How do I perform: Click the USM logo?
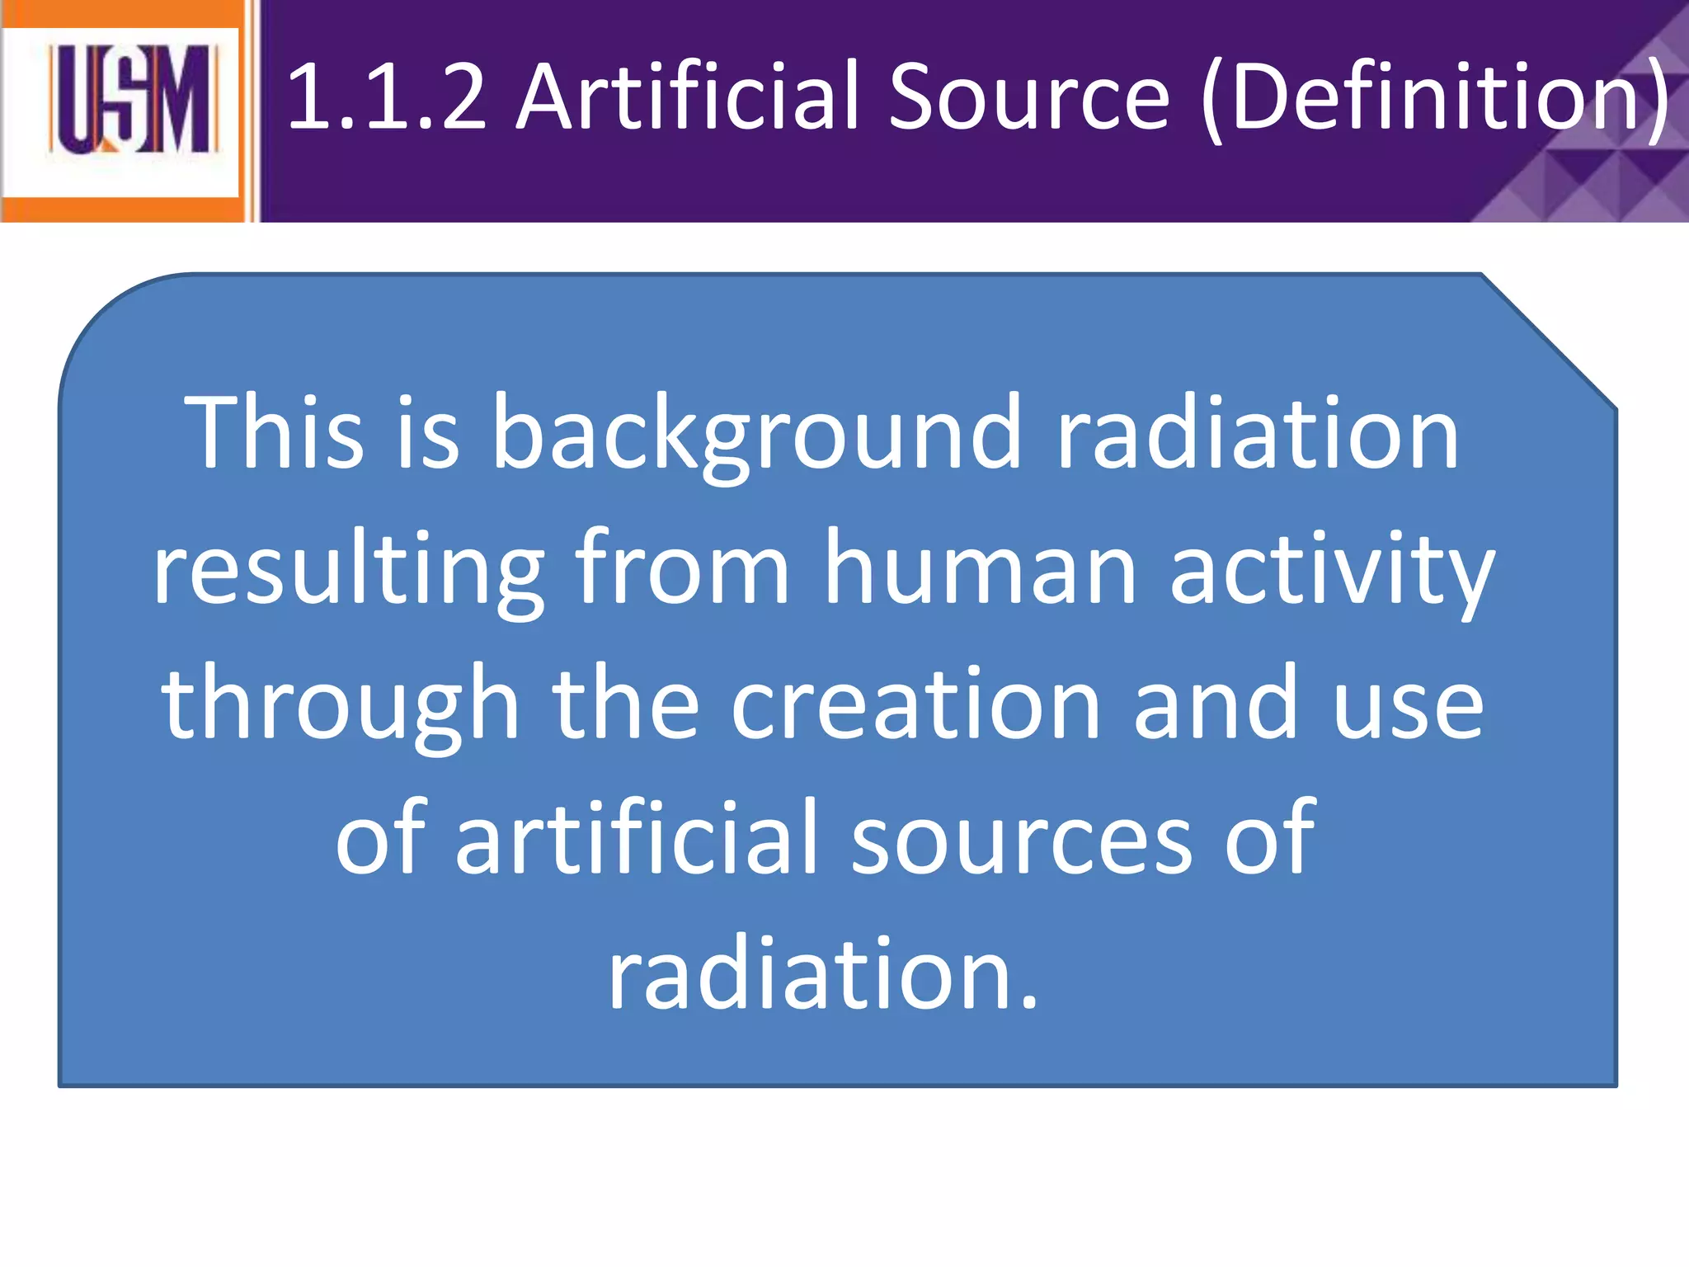point(132,101)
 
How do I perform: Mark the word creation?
point(915,703)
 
